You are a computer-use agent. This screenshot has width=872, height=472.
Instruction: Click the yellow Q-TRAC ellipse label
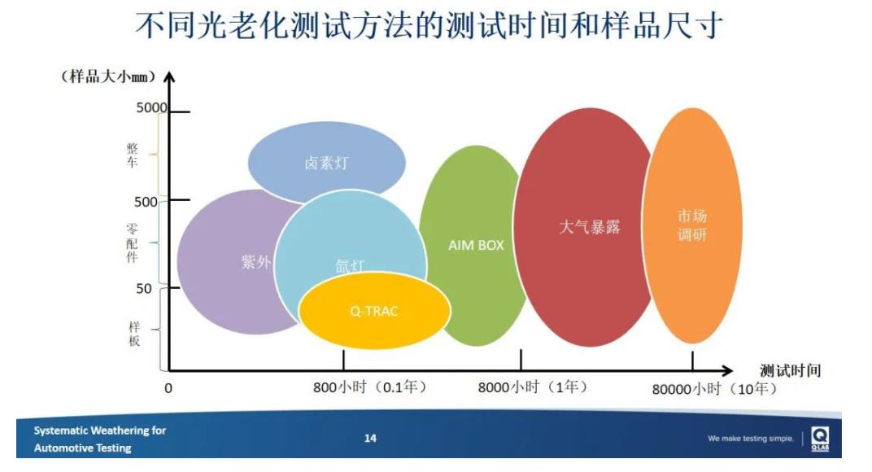click(374, 311)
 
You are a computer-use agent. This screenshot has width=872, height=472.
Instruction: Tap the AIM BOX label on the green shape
click(476, 244)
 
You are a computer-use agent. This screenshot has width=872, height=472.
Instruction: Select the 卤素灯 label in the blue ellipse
click(326, 163)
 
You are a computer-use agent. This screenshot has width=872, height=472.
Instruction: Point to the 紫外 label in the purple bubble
click(255, 262)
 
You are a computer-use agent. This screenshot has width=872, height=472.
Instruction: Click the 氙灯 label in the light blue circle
click(351, 265)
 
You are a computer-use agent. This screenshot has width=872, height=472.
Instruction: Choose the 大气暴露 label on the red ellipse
click(589, 227)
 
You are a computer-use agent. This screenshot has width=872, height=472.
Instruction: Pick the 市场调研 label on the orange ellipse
click(692, 226)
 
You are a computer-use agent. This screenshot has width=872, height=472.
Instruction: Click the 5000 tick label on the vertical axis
click(150, 108)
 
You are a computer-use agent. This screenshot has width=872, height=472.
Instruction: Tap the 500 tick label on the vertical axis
click(146, 201)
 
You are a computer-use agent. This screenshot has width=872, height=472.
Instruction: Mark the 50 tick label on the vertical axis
click(143, 287)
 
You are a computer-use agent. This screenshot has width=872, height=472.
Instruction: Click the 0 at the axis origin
click(168, 388)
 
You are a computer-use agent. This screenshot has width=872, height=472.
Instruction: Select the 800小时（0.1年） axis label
click(370, 387)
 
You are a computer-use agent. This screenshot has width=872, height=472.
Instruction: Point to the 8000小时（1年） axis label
click(532, 387)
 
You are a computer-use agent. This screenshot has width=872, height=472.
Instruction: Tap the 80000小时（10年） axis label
click(714, 388)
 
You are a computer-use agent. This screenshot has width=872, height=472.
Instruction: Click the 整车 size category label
click(132, 155)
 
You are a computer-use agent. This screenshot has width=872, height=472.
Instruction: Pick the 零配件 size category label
click(132, 243)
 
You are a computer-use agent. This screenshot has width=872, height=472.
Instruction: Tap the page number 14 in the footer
click(370, 439)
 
